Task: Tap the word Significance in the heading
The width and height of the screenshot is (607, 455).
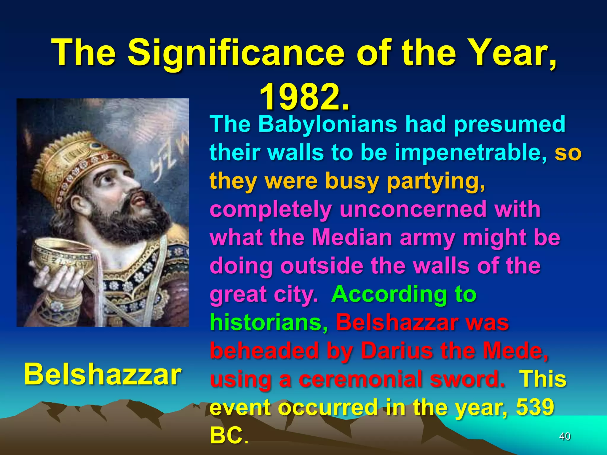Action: tap(236, 53)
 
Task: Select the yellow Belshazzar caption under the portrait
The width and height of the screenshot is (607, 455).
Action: tap(102, 374)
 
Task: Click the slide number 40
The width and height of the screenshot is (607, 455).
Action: tap(565, 436)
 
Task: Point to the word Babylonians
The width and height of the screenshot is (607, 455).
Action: tap(328, 124)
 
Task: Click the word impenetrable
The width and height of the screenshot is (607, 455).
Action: tap(471, 153)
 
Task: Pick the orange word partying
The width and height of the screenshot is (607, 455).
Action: tap(436, 181)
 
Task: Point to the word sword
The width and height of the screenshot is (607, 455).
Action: tap(467, 379)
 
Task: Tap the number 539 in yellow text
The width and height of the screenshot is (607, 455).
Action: tap(535, 407)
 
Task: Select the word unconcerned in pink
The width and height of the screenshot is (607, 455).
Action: tap(413, 210)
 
